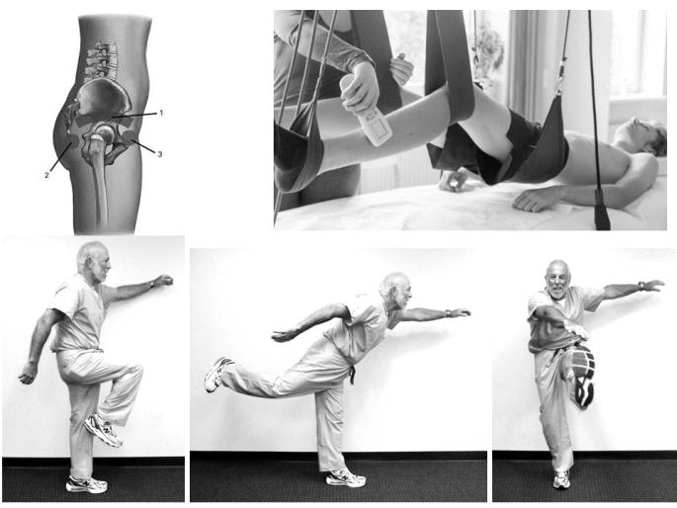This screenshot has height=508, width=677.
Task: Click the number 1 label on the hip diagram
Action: point(160,113)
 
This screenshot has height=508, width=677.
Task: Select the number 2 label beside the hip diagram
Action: point(46,175)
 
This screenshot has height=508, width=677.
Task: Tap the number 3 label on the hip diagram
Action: point(160,154)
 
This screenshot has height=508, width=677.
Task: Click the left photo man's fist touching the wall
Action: point(162,282)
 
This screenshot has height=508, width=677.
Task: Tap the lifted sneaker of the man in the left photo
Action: point(104,429)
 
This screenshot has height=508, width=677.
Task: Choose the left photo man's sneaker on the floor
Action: point(86,484)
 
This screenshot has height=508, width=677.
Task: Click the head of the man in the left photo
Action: point(92,259)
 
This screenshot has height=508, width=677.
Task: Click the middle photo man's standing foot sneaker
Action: point(346,477)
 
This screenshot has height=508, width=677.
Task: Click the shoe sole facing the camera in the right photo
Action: point(580,376)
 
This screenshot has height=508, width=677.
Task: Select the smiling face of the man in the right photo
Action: point(558,278)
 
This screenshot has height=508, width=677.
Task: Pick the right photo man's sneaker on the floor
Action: point(560,478)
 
